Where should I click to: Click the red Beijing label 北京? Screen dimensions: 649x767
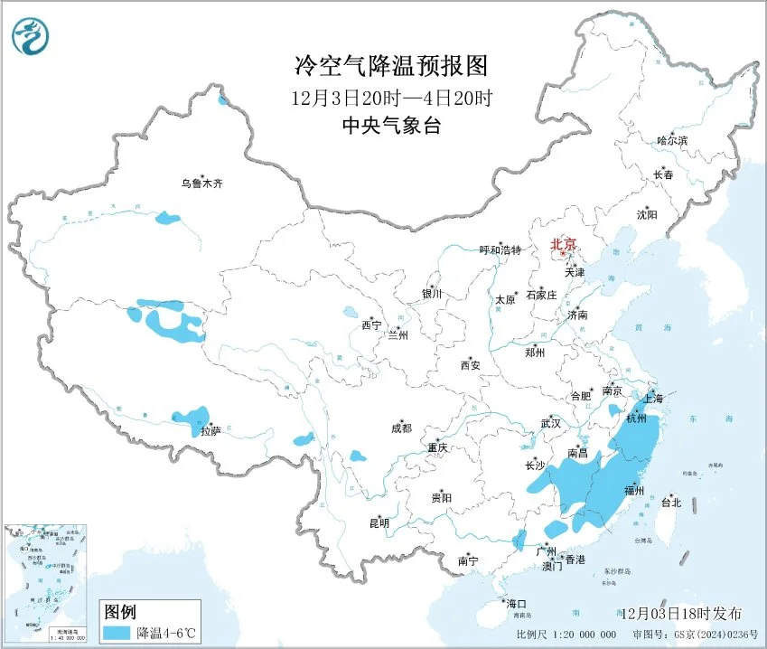tap(564, 244)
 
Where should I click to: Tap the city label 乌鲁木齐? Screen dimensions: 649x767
tap(201, 183)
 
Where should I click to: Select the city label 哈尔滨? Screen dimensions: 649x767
tap(671, 141)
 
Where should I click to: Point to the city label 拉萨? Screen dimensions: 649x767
tap(210, 432)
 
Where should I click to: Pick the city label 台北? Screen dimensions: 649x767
tap(671, 503)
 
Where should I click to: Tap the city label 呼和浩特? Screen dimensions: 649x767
tap(500, 250)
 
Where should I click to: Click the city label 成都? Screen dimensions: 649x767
tap(401, 428)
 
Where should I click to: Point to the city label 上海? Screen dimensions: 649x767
tap(652, 398)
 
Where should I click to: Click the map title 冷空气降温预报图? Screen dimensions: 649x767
tap(391, 66)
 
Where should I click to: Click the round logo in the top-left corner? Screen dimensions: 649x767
tap(31, 34)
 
